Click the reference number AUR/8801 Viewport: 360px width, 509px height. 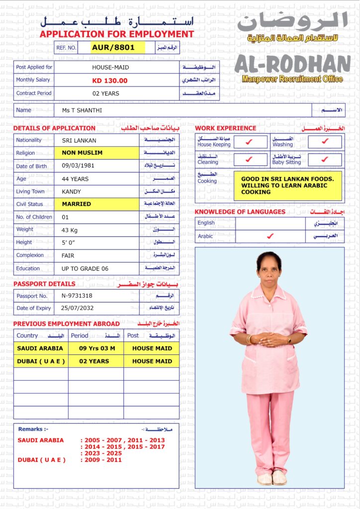tap(117, 48)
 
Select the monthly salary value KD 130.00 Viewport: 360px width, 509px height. tap(110, 81)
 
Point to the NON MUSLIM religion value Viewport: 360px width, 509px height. tap(82, 153)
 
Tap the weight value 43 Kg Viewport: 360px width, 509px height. tap(72, 230)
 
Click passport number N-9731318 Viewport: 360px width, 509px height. tap(77, 296)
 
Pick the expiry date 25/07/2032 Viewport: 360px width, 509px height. tap(77, 308)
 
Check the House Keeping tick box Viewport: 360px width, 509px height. tap(250, 142)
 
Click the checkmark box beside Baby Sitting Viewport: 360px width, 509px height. tap(325, 160)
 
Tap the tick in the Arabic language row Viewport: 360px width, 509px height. tap(270, 237)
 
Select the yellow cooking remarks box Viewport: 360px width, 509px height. tap(287, 185)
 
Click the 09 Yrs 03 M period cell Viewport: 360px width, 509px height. tap(96, 348)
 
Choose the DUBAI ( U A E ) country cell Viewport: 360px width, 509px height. tap(41, 361)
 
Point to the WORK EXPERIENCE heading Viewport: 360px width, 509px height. tap(226, 128)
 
